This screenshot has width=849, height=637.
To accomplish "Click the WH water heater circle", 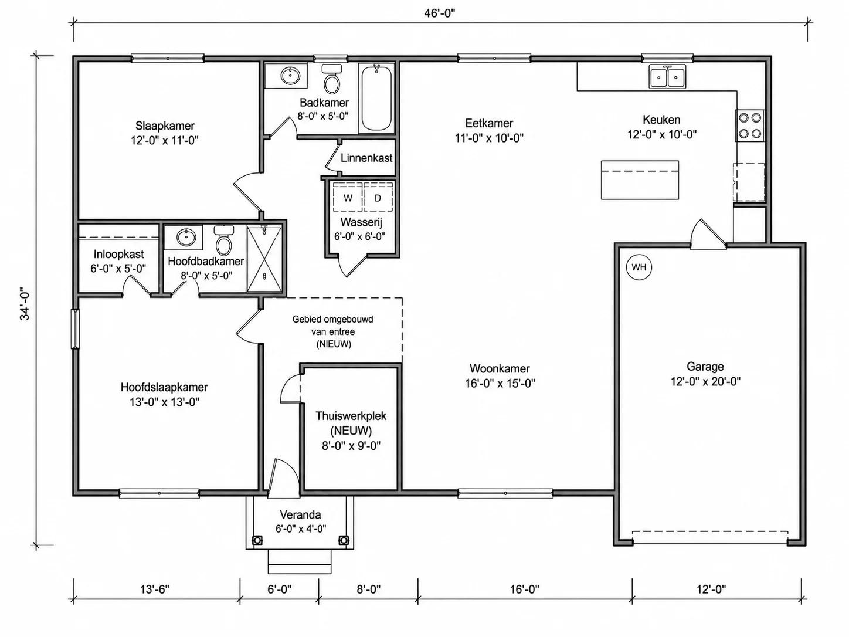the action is point(639,267).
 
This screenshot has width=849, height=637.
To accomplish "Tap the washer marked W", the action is point(348,198).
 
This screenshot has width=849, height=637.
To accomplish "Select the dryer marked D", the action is point(378,198).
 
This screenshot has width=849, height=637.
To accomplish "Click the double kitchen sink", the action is point(668,77).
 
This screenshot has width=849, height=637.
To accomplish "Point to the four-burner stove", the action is point(750,126).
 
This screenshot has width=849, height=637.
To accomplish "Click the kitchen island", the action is point(640,180).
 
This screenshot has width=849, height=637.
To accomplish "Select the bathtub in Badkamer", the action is point(376,98).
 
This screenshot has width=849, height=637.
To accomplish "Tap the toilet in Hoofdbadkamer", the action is point(223,240).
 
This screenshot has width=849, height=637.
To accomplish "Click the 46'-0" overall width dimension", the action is point(439,13).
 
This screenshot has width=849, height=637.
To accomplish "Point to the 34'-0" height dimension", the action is point(25,304).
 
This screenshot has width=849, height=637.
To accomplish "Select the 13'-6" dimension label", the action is point(155,589).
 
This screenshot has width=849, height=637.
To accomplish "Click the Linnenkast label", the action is point(366,158).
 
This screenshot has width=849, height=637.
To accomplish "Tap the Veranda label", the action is point(300,515).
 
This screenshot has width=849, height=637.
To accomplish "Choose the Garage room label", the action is point(705,366).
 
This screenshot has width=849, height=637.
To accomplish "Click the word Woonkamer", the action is point(500,368).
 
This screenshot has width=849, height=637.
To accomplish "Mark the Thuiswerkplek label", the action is point(351,416).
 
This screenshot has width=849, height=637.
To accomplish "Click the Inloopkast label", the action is point(118,254).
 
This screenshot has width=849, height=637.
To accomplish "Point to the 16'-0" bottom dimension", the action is point(525,589).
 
